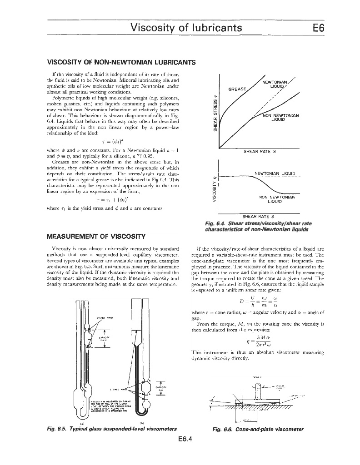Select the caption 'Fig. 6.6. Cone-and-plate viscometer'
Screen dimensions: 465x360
(x=257, y=428)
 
